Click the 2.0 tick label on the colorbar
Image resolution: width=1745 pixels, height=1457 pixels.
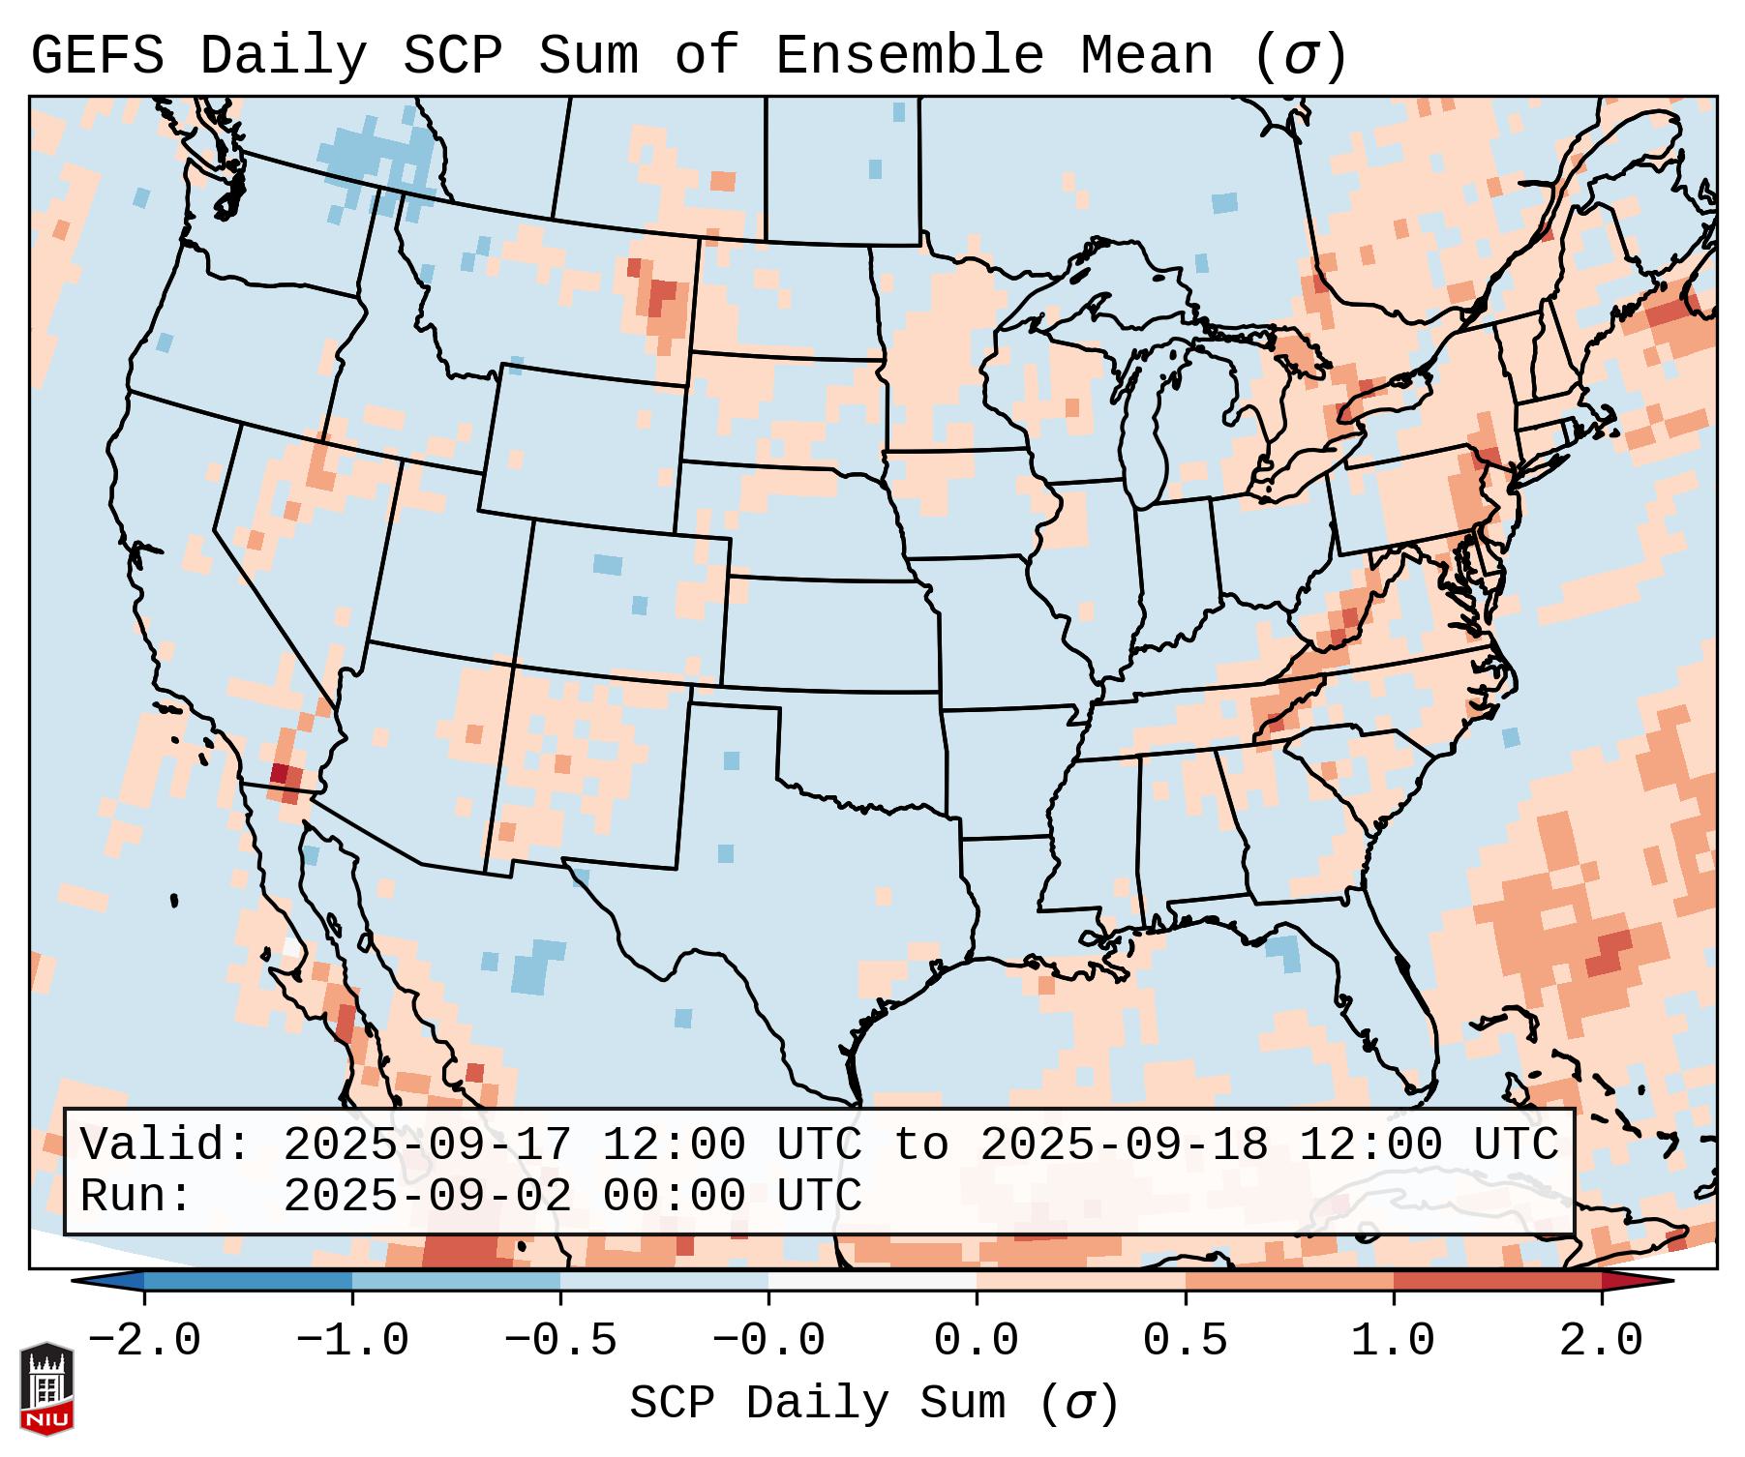pos(1601,1341)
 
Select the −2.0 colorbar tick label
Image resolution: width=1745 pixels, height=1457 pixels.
pos(144,1341)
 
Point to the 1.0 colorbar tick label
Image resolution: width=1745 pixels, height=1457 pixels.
pos(1393,1341)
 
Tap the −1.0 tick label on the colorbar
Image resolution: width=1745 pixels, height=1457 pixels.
pos(352,1341)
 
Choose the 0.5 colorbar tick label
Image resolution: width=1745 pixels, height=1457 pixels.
pos(1185,1341)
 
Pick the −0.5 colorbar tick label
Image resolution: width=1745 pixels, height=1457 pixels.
pos(560,1341)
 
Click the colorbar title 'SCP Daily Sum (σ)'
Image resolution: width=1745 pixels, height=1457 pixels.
pos(873,1404)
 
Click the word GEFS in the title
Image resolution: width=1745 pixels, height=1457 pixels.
pos(98,55)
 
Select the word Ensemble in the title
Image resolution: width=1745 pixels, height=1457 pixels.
pos(910,55)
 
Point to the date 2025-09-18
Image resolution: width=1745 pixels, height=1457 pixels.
pos(1124,1145)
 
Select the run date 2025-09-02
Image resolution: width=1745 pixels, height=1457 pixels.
pos(427,1196)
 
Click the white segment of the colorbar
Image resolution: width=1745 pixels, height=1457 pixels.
pos(872,1281)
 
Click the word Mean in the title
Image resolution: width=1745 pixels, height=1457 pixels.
pos(1147,55)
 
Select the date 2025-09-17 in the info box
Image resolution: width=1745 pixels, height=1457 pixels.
pos(427,1145)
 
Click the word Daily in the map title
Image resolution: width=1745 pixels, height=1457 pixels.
pos(284,55)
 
